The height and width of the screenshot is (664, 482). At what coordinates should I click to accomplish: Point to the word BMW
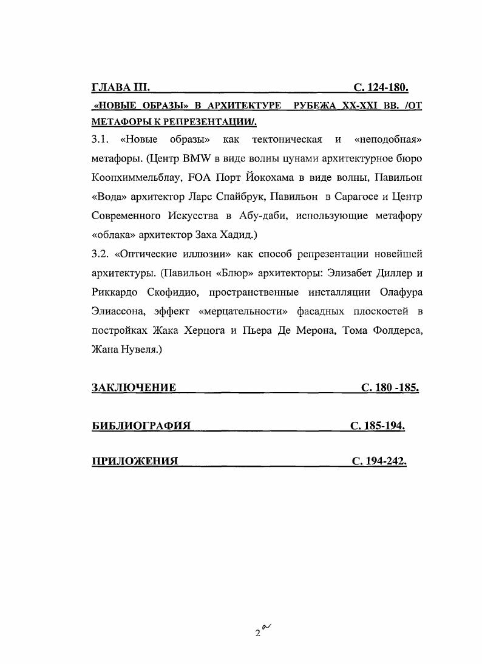click(x=192, y=158)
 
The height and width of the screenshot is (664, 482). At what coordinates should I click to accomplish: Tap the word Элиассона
click(x=118, y=311)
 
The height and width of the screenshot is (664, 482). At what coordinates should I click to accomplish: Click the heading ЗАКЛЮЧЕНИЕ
click(x=134, y=387)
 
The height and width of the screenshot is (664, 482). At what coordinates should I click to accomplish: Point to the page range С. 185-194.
click(x=377, y=425)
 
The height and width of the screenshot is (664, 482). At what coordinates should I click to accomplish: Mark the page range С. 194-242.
click(x=379, y=461)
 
